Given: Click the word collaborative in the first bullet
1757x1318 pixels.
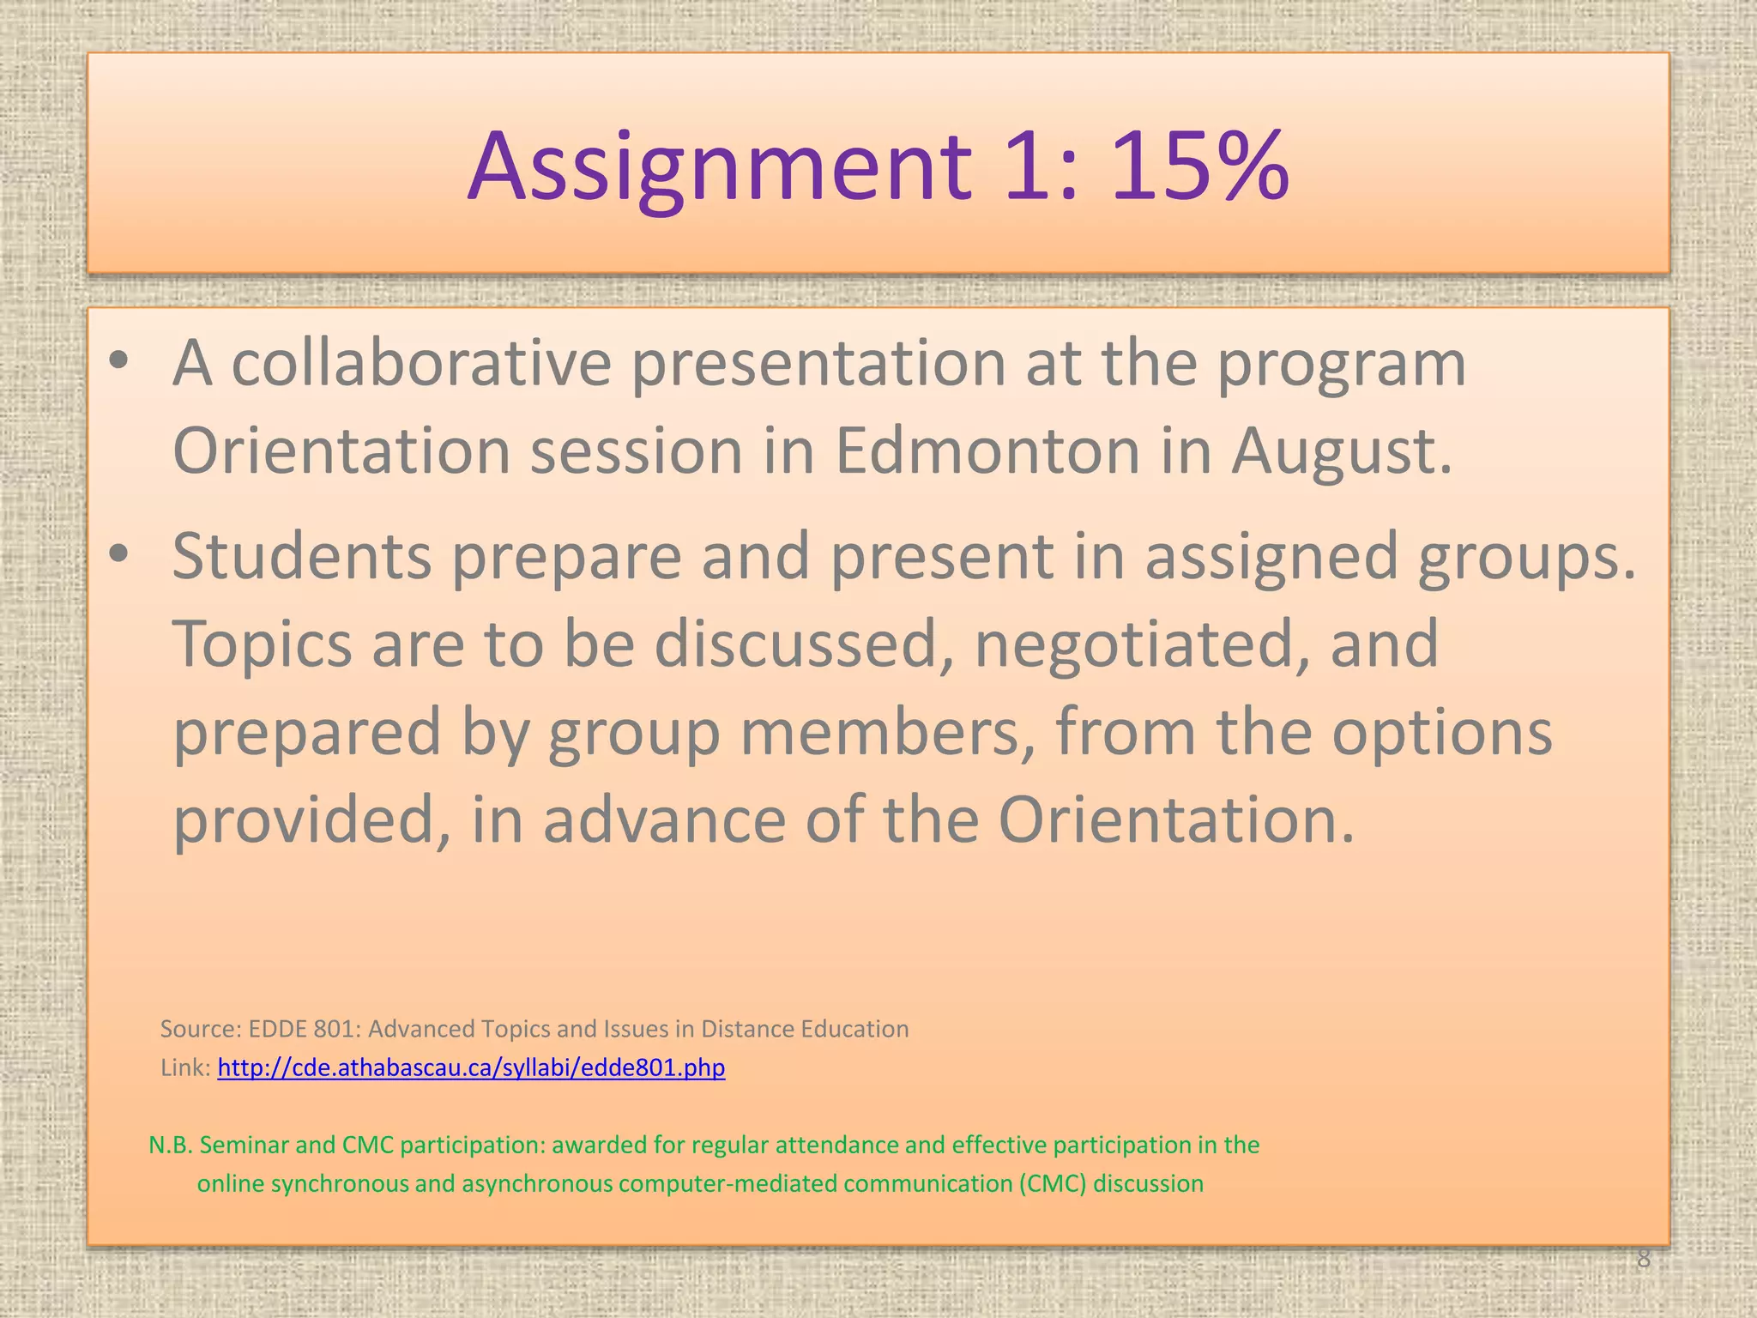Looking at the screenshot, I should (421, 364).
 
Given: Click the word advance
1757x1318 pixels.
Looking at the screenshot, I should (664, 819).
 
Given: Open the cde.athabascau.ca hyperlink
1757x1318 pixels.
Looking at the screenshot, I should (471, 1068).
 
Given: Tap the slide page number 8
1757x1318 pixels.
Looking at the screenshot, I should (1643, 1259).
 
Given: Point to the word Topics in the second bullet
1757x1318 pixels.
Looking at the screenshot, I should (263, 645).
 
